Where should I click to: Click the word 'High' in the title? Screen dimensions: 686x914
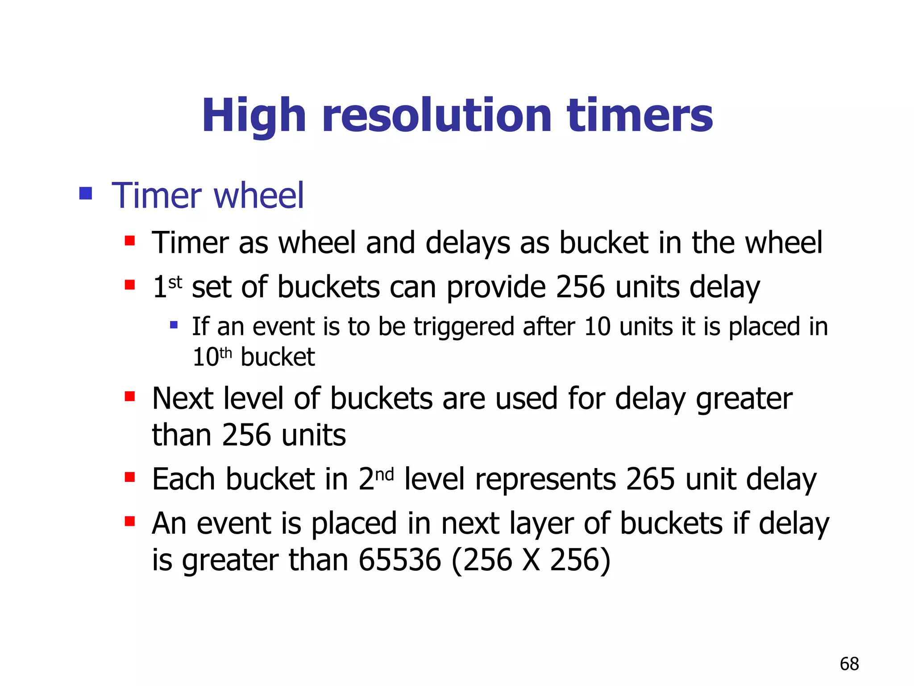tap(253, 116)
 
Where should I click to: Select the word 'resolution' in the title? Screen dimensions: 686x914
tap(437, 115)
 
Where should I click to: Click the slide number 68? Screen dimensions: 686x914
tap(849, 664)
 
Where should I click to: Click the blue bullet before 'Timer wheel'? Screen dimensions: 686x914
tap(85, 193)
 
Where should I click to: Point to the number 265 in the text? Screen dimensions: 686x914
tap(650, 479)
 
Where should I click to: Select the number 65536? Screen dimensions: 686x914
tap(399, 560)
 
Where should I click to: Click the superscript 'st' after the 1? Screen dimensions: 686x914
tap(175, 282)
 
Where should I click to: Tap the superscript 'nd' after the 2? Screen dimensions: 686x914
tap(384, 474)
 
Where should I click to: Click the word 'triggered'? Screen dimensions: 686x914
tap(464, 327)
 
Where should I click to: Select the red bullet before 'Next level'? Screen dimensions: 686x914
tap(130, 396)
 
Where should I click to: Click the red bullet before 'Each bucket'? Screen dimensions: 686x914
tap(130, 477)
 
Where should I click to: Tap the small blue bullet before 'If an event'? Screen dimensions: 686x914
tap(174, 325)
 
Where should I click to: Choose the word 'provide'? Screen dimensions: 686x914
tap(496, 287)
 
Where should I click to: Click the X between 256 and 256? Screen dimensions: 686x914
tap(531, 560)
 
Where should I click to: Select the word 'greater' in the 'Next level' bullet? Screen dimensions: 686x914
tap(744, 399)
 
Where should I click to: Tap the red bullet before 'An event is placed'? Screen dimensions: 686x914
tap(130, 521)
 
